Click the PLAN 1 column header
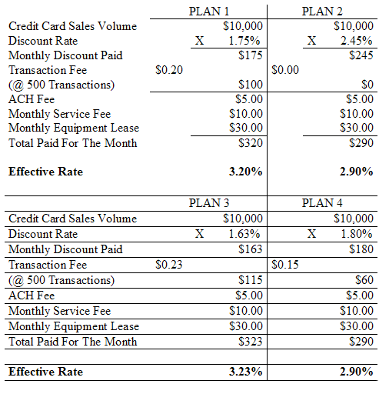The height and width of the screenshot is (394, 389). [x=209, y=12]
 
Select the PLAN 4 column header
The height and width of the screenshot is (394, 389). [x=322, y=203]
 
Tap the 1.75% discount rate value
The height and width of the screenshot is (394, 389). [x=244, y=41]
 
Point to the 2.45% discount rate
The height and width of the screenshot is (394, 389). [x=356, y=41]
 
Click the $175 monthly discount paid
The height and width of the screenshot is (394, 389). [x=251, y=55]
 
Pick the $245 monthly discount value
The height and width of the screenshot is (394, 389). [x=361, y=55]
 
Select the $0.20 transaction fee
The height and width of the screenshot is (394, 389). [x=169, y=70]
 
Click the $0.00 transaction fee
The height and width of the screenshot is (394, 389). [x=285, y=70]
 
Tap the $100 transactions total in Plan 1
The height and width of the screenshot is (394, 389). [x=251, y=85]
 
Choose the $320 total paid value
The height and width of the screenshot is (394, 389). [x=251, y=143]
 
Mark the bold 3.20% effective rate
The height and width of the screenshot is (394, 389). [x=245, y=172]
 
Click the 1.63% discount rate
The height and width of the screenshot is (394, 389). [x=244, y=234]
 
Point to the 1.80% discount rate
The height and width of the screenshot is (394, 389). [x=356, y=234]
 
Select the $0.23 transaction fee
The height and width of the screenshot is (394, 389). [x=169, y=265]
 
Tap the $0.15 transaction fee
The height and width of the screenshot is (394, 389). [x=285, y=265]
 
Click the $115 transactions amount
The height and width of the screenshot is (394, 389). [x=251, y=280]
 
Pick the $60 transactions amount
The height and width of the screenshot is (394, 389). [x=364, y=280]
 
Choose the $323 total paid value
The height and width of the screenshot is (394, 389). [x=251, y=342]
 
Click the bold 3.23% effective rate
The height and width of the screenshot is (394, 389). [x=245, y=372]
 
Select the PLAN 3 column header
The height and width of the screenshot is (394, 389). [x=209, y=203]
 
